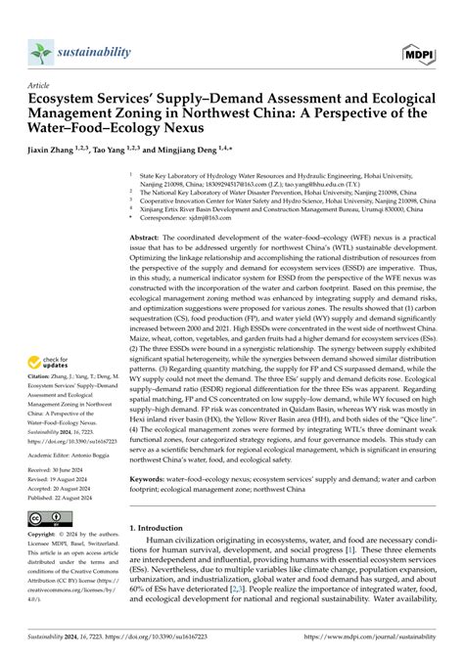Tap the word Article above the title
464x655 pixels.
[40, 86]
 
